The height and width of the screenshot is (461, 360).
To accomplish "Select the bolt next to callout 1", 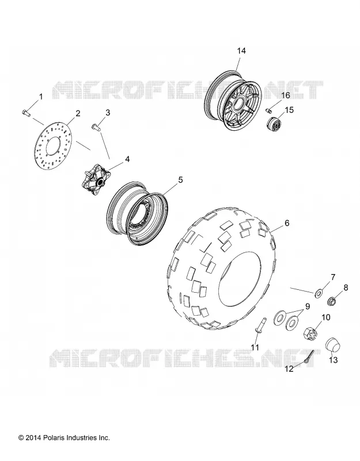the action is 26,112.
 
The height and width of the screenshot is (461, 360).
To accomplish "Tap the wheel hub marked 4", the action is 94,180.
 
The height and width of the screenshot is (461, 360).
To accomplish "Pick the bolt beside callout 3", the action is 96,127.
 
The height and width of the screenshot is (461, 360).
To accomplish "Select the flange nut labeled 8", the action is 332,301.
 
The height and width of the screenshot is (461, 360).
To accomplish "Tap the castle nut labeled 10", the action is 311,332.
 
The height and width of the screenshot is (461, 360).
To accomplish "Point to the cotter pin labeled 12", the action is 308,357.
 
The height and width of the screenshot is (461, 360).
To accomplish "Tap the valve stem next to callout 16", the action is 268,111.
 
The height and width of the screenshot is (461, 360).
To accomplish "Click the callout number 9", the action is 307,307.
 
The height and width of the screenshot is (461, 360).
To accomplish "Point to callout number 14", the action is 241,51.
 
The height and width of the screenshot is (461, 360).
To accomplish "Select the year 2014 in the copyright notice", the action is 33,438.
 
